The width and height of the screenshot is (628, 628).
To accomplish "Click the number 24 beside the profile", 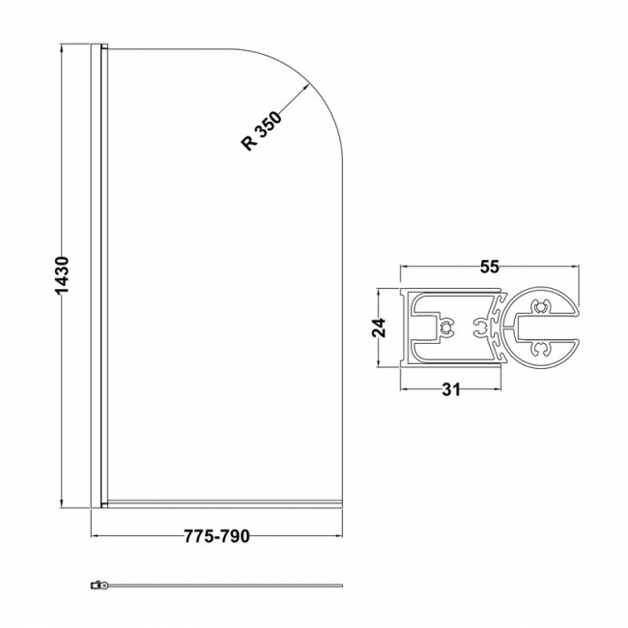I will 380,328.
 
